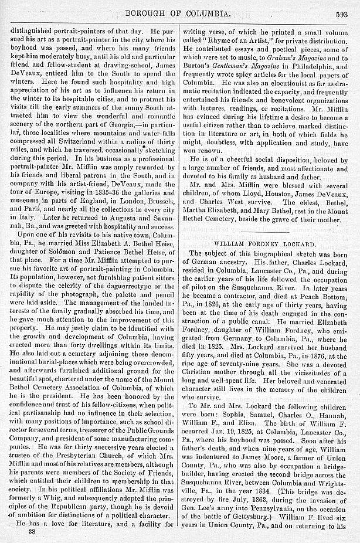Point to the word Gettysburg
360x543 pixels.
click(267, 514)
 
